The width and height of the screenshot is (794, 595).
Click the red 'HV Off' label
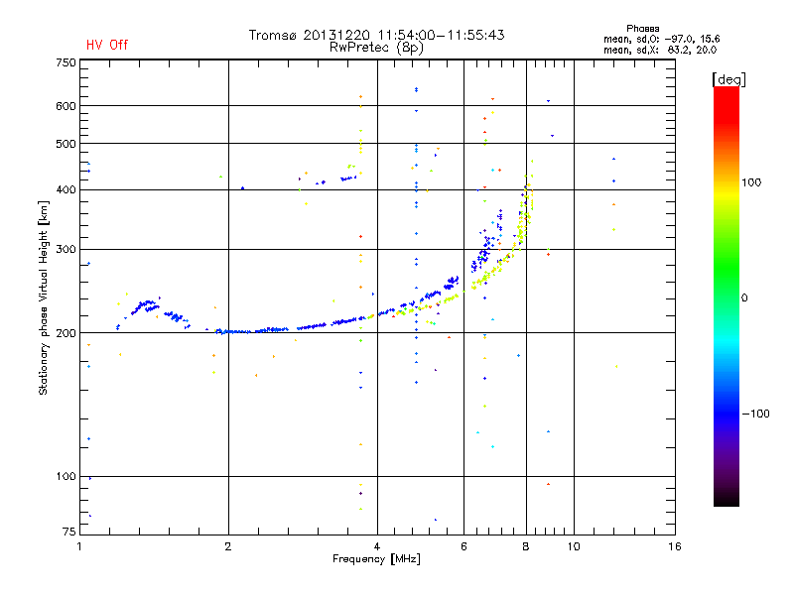coord(106,45)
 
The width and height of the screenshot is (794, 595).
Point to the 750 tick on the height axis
coord(66,62)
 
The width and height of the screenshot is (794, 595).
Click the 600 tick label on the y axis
coord(66,105)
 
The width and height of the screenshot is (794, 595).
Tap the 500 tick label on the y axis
coord(66,144)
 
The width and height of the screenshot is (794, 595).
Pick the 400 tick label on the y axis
coord(66,190)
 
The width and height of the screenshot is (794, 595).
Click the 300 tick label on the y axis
coord(66,249)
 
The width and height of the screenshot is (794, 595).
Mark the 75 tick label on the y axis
coord(68,533)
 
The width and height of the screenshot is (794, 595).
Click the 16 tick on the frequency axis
coord(674,545)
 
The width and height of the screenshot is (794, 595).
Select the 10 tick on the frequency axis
coord(573,545)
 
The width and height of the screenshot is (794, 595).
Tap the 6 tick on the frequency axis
coord(464,545)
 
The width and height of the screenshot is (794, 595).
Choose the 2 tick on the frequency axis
coord(228,545)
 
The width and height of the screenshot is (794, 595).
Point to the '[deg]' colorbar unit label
coord(728,79)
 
